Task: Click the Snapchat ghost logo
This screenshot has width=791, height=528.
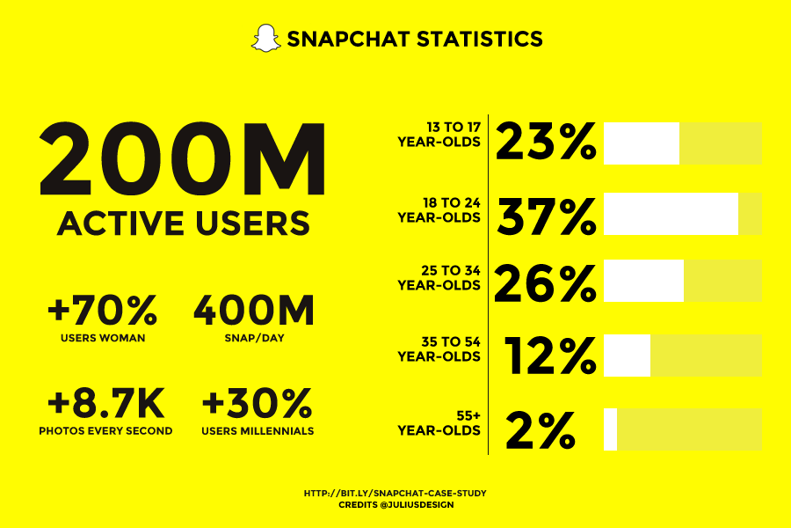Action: coord(265,39)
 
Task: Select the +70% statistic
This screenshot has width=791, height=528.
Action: coord(103,311)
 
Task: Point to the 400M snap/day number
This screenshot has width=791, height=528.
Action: coord(253,311)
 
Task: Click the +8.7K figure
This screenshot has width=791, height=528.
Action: coord(105,404)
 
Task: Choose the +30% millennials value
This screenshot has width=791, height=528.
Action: coord(258,404)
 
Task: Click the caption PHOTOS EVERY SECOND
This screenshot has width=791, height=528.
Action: coord(105,431)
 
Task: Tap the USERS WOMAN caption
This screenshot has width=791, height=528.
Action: coord(103,337)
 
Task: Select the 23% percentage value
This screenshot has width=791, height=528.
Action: coord(546,143)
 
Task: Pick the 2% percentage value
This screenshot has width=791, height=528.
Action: coord(541,430)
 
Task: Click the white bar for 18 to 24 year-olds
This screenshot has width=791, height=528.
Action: coord(671,214)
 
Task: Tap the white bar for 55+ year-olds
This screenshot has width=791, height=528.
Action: coord(610,429)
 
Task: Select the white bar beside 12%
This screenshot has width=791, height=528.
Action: coord(627,356)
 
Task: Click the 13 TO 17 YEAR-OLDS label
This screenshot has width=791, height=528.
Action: coord(439,135)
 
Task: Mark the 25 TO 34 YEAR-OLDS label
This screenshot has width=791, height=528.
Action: coord(439,278)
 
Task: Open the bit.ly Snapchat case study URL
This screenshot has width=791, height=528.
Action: coord(395,494)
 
